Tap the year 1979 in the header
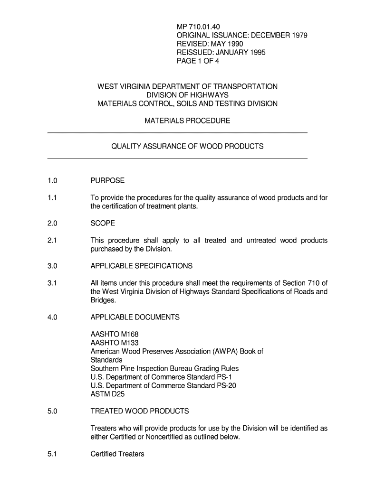pyautogui.click(x=297, y=35)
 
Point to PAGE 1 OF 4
pyautogui.click(x=198, y=61)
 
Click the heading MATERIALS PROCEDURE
pyautogui.click(x=187, y=121)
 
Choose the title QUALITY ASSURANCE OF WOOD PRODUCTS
pyautogui.click(x=187, y=147)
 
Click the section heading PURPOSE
pyautogui.click(x=107, y=181)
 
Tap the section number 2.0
pyautogui.click(x=52, y=224)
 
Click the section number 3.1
pyautogui.click(x=52, y=283)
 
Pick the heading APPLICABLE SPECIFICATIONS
pyautogui.click(x=142, y=266)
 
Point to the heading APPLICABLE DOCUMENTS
pyautogui.click(x=135, y=317)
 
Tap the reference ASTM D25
pyautogui.click(x=107, y=394)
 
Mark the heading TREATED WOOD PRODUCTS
pyautogui.click(x=140, y=411)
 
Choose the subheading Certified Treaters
pyautogui.click(x=117, y=454)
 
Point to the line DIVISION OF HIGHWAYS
pyautogui.click(x=187, y=95)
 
